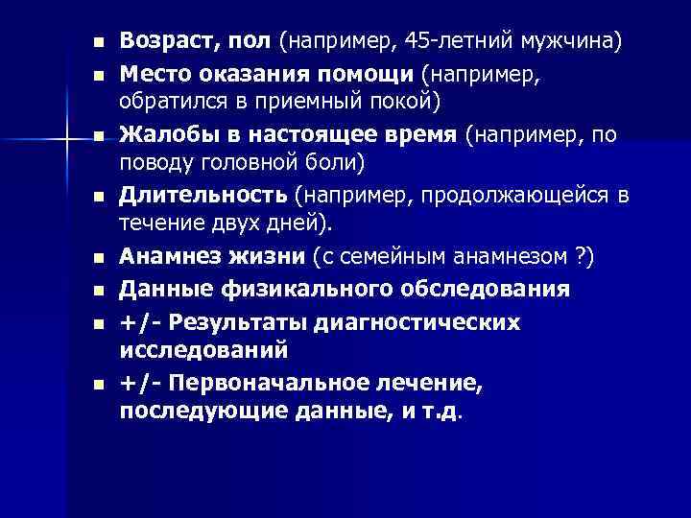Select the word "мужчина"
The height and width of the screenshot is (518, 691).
[x=573, y=43]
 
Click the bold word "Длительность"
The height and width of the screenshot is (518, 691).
[x=203, y=197]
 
